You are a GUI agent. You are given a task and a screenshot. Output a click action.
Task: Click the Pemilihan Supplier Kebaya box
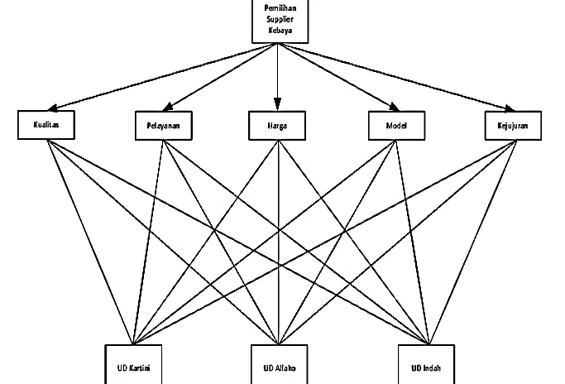280,21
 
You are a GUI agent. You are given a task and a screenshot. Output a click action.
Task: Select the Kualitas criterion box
46,125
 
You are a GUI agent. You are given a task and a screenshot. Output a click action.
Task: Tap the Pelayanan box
164,126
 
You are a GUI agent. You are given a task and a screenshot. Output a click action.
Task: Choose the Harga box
277,126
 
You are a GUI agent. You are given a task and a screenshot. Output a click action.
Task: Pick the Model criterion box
396,126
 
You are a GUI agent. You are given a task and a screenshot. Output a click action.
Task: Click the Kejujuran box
513,126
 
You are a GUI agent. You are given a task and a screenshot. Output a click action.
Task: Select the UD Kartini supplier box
133,364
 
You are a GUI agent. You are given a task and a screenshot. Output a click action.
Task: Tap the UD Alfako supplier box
280,364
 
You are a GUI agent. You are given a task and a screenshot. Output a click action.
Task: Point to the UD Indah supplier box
426,364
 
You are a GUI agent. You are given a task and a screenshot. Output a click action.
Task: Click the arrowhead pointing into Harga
277,104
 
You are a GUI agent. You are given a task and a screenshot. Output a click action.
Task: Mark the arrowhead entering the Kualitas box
53,108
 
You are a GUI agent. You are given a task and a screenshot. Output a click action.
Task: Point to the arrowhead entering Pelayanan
168,107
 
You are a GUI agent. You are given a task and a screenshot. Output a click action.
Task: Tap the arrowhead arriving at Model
395,107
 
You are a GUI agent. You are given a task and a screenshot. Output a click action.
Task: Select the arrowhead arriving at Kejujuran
510,108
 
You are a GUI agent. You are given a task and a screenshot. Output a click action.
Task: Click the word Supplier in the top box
280,19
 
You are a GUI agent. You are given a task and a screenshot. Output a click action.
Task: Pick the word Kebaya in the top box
280,31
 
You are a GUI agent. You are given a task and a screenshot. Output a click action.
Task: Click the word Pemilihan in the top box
280,8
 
